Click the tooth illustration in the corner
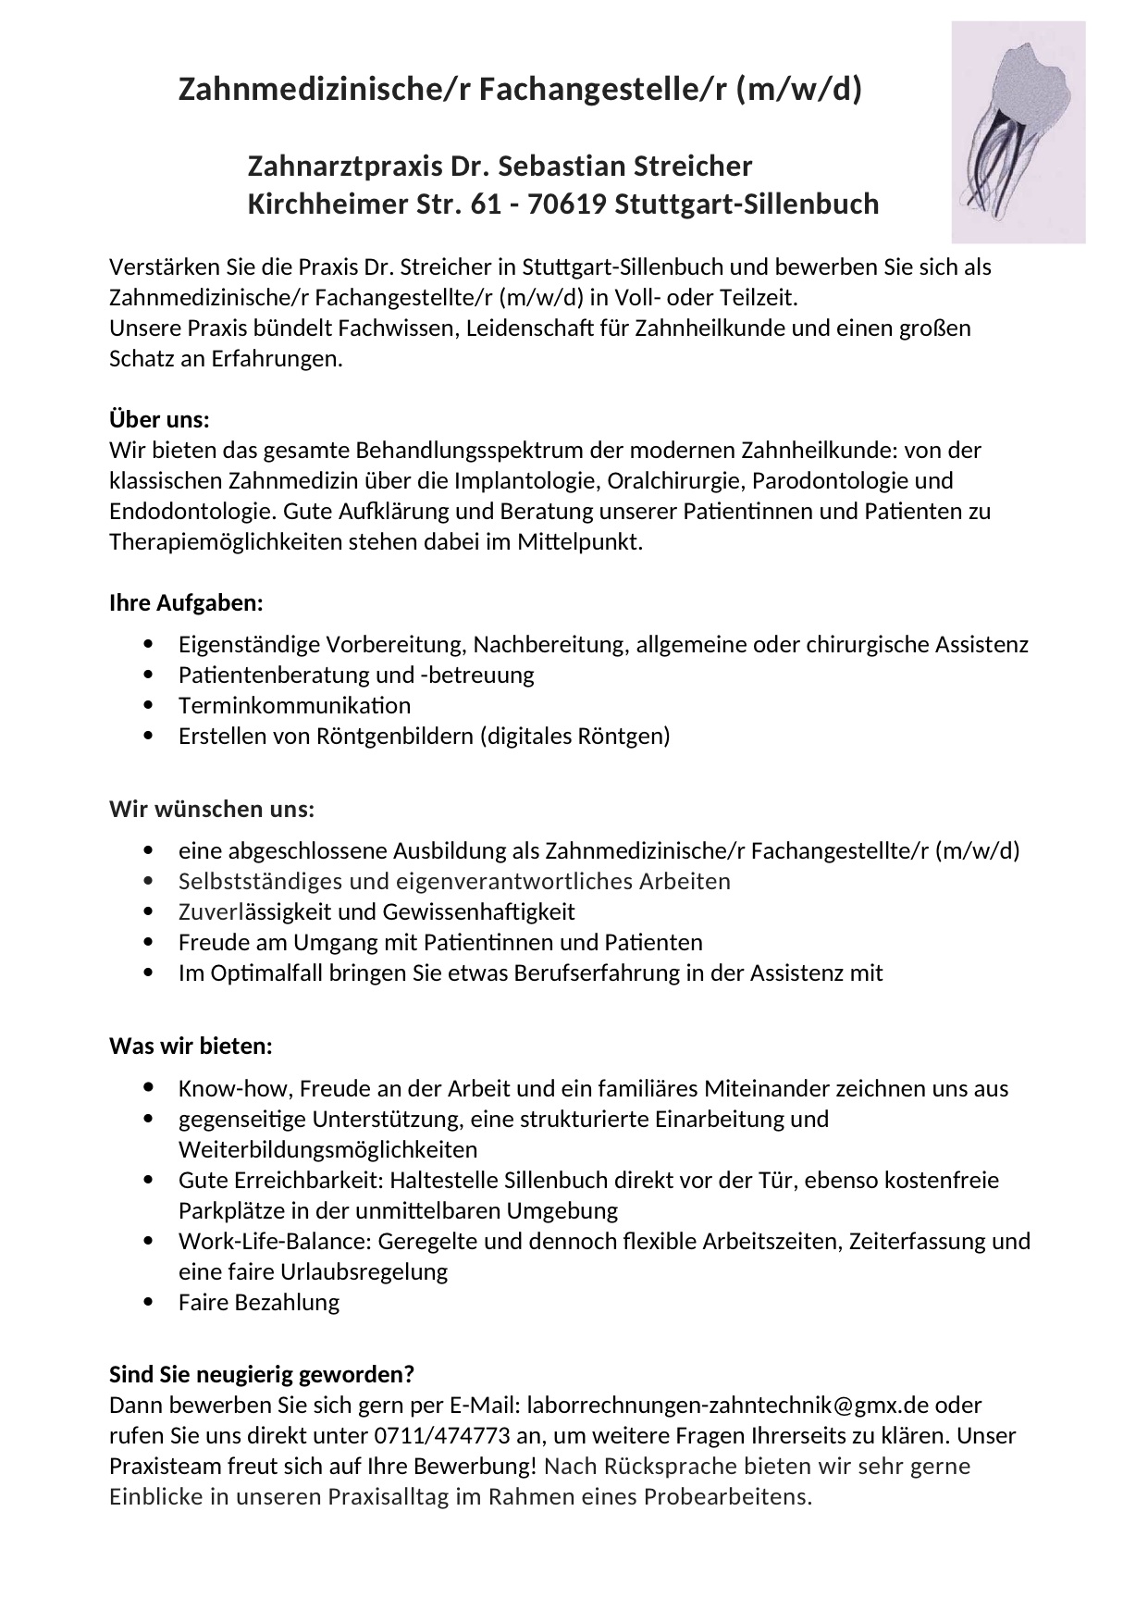pos(1018,132)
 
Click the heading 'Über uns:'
pos(159,420)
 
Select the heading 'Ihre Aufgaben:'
pos(186,603)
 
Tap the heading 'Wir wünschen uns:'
pos(212,810)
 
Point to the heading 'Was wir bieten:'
pos(191,1047)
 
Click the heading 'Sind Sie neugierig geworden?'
pos(262,1373)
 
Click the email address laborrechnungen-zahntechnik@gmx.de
pos(727,1405)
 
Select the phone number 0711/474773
pos(433,1436)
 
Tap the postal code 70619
pos(564,204)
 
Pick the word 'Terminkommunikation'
pos(294,705)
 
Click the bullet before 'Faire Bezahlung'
pos(150,1302)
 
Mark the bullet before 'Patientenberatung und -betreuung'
pos(150,675)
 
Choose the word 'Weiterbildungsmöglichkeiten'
pos(327,1149)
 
